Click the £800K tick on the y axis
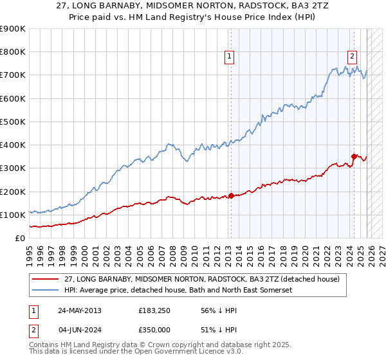13,52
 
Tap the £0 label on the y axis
21,238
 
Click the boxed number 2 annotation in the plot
353,56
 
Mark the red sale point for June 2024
354,156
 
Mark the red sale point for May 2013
231,195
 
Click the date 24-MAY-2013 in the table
80,310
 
